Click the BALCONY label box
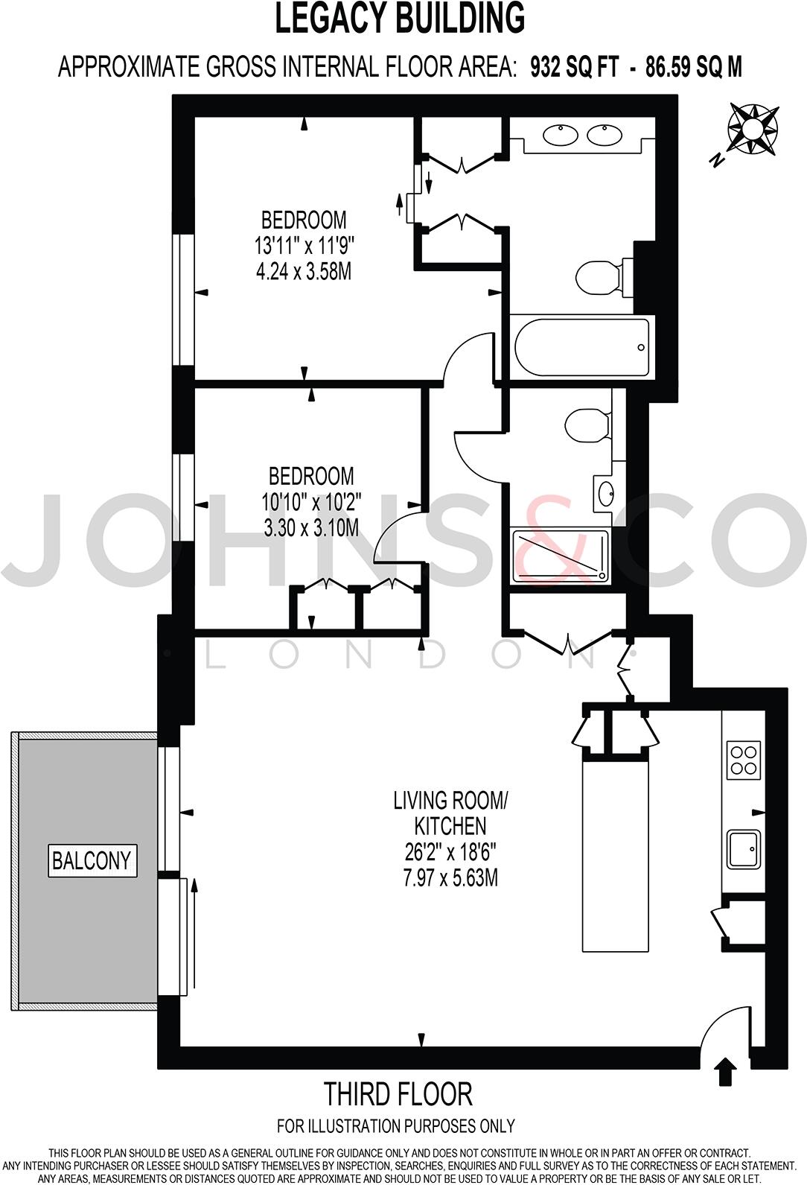point(92,861)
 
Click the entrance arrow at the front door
point(725,1073)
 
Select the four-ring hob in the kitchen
point(744,760)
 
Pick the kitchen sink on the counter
point(744,849)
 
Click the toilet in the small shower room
point(587,425)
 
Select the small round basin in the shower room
point(606,492)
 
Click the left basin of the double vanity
point(560,136)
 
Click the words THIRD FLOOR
point(398,1094)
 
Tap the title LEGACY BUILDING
point(400,19)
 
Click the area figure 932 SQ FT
point(574,68)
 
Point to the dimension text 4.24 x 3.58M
point(304,270)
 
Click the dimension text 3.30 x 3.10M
point(311,527)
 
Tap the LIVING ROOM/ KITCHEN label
point(450,813)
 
